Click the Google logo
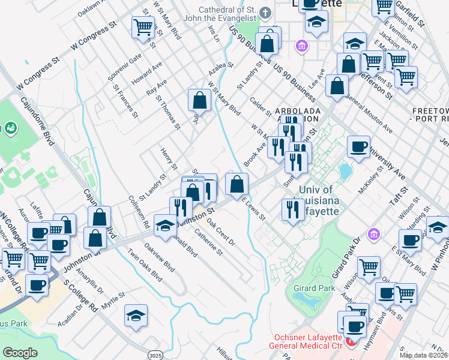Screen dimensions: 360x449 20,353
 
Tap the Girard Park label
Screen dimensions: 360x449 314,289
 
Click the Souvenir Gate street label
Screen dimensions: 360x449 124,68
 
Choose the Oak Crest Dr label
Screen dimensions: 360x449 221,231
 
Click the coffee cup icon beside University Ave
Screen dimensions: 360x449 360,147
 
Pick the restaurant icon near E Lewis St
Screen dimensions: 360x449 291,209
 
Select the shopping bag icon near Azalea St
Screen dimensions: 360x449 199,100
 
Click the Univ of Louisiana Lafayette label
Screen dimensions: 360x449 318,200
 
